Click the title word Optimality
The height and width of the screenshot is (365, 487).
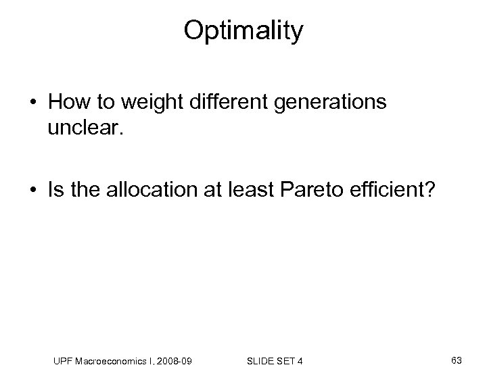click(x=243, y=30)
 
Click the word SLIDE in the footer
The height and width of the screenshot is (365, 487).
click(x=258, y=344)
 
